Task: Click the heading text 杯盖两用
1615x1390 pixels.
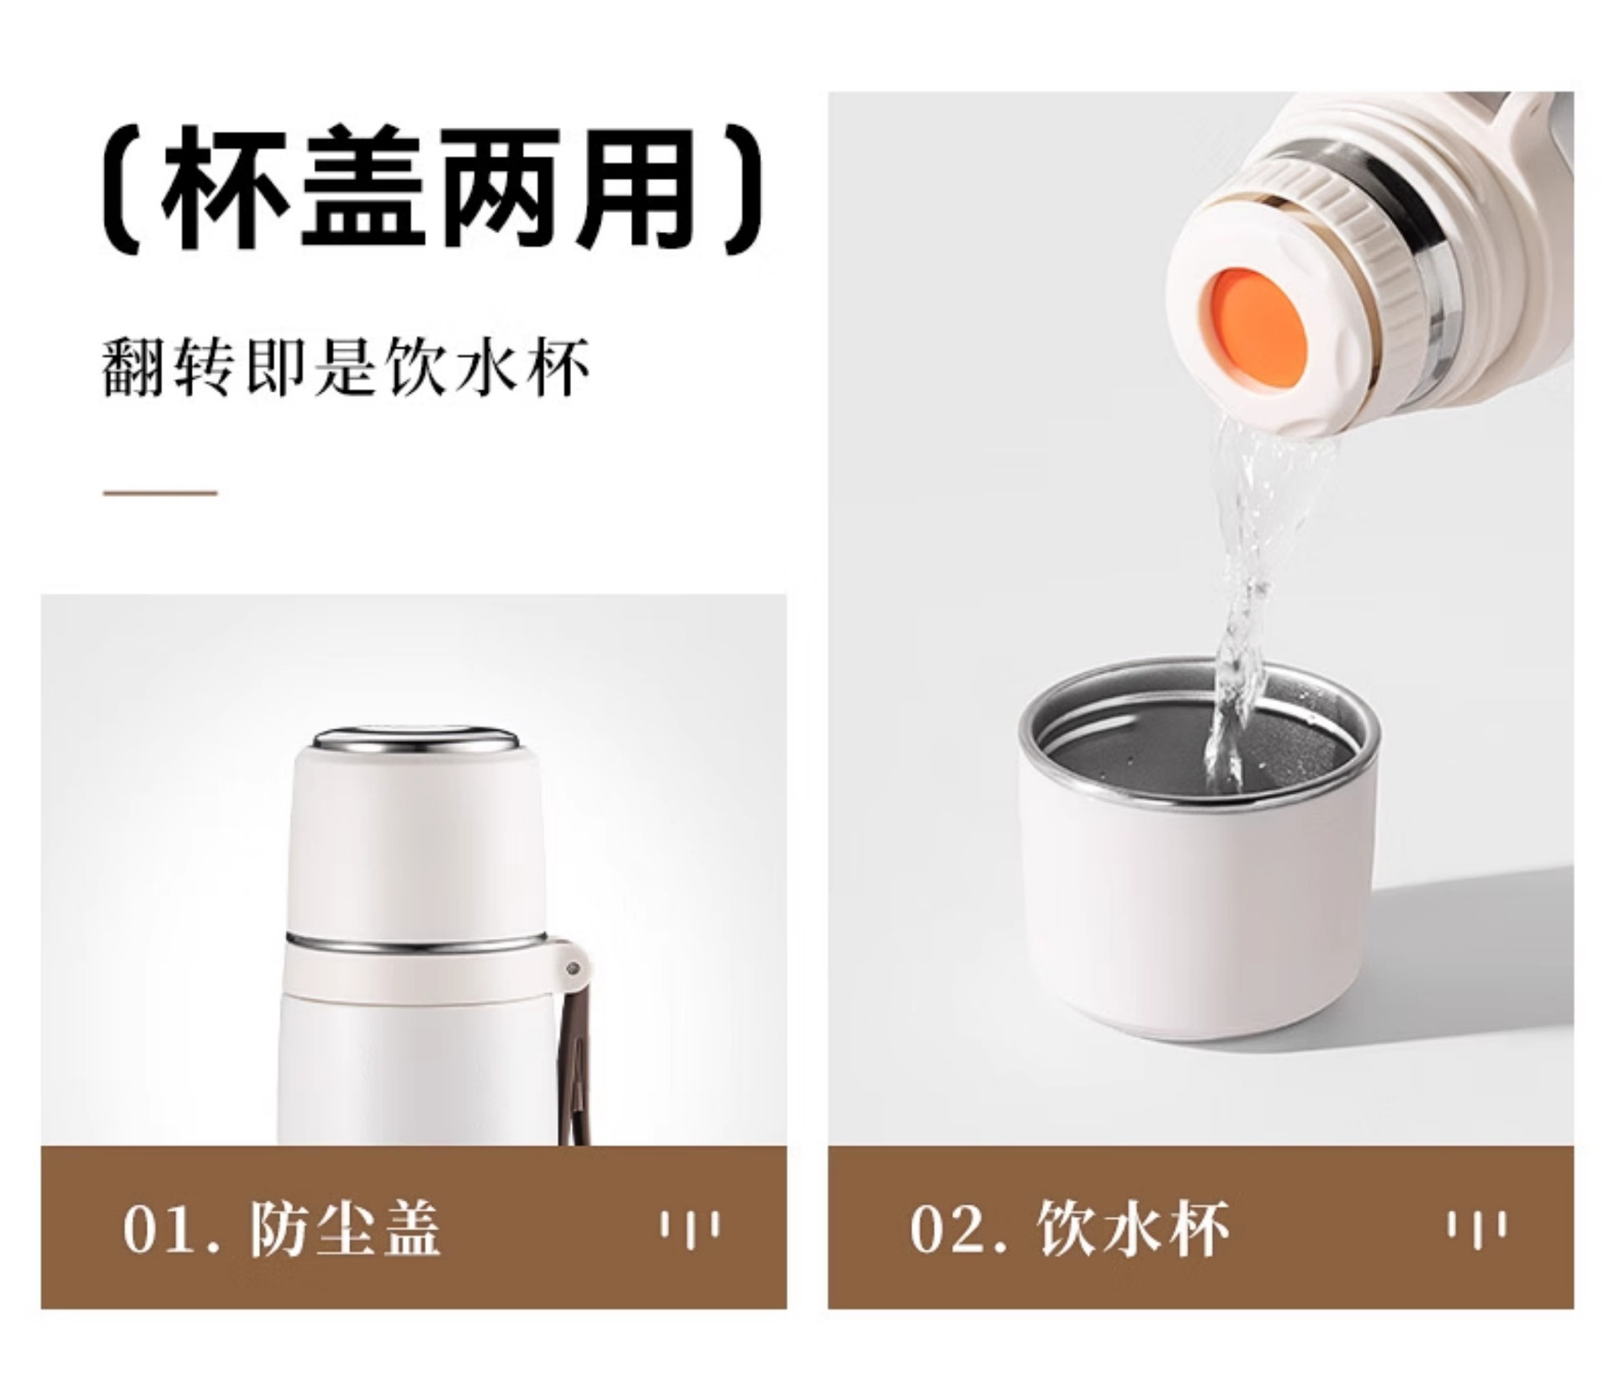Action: [x=431, y=187]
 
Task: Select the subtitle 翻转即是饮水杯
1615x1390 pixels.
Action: [x=346, y=367]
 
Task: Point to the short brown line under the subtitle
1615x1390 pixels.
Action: [x=160, y=493]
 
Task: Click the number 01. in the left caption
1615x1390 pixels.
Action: [x=172, y=1229]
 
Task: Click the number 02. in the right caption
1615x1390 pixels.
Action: [x=960, y=1229]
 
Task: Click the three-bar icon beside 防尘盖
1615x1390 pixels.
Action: [x=690, y=1229]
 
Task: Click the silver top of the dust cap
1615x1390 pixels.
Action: [x=416, y=743]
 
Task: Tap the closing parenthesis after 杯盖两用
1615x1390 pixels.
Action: [x=742, y=187]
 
